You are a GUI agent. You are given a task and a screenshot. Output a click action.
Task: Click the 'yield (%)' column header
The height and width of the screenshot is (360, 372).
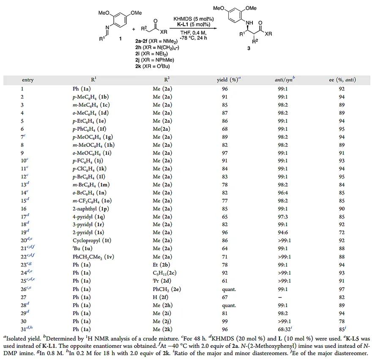(229, 80)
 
